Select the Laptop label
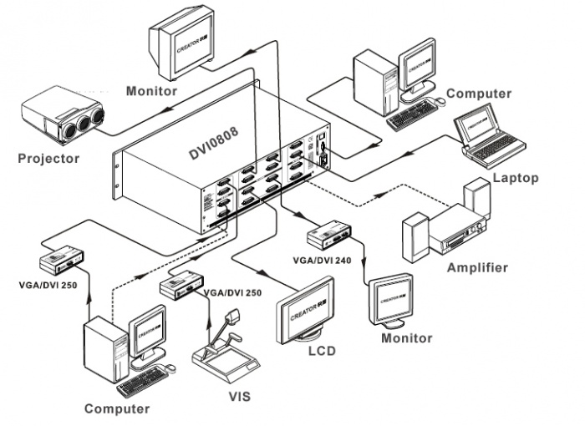(516, 177)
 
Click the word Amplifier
(477, 267)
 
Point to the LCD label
(319, 351)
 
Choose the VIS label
(238, 395)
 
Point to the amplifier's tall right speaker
(477, 201)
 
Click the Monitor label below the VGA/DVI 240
(407, 338)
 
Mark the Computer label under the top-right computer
(478, 94)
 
